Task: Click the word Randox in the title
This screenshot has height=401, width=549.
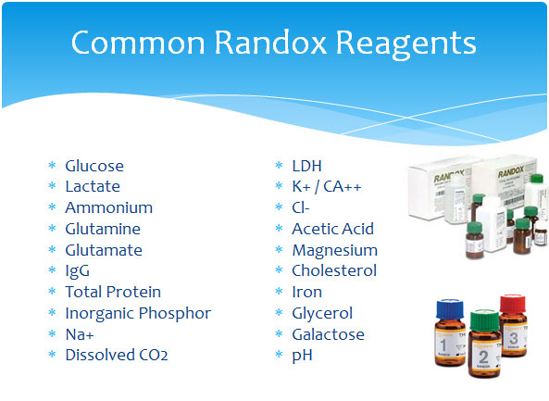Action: coord(270,43)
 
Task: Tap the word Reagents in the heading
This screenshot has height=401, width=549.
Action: coord(406,45)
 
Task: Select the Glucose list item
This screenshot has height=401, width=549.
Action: coord(94,166)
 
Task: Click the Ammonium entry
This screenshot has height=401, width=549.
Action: coord(109,207)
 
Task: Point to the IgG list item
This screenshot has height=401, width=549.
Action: coord(78,271)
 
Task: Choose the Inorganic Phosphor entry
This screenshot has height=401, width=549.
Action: coord(138,313)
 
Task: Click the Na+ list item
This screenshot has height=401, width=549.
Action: coord(80,334)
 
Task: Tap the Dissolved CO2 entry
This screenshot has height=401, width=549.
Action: coord(117,355)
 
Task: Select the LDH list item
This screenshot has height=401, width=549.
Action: coord(306,166)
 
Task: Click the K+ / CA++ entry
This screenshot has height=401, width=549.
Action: coord(327,187)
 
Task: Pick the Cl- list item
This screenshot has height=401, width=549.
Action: coord(301,207)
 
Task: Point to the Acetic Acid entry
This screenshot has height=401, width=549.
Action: coord(333,229)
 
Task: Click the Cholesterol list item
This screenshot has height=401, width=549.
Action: coord(334,270)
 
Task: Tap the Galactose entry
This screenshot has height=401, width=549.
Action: coord(328,334)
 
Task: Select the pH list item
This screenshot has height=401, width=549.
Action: coord(302,356)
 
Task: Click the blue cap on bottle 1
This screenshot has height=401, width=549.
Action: coord(450,309)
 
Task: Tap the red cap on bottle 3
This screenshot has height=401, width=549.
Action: coord(513,304)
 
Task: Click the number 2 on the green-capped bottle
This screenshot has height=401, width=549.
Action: coord(483,357)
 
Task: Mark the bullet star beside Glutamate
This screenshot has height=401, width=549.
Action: coord(52,249)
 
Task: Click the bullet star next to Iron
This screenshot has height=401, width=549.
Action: coord(279,291)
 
